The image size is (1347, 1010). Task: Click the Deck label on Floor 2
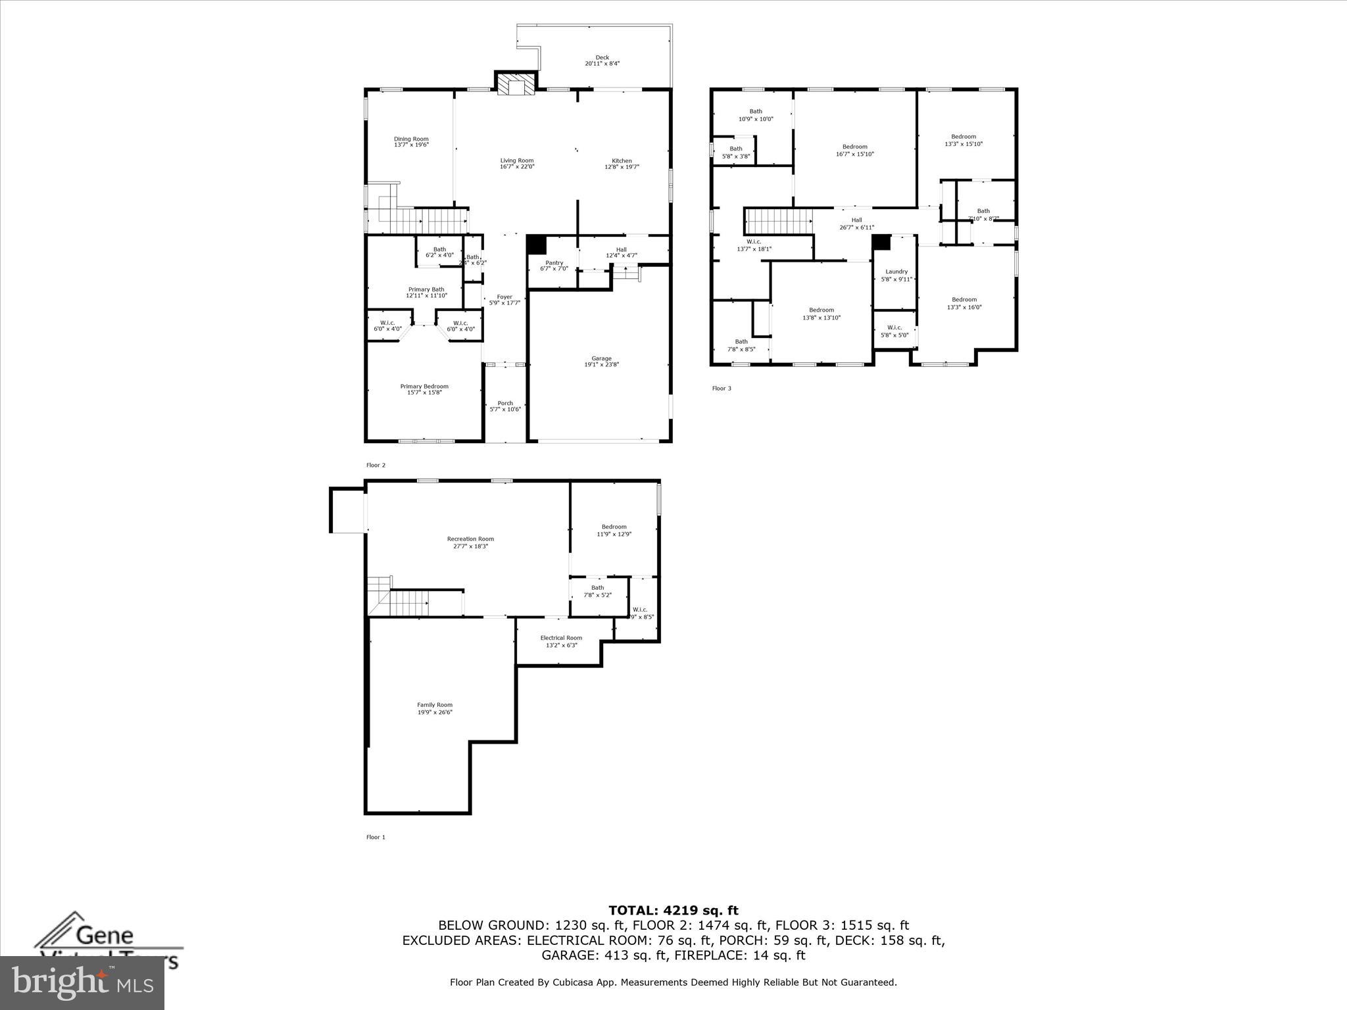[602, 60]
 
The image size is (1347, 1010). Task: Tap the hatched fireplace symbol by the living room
[515, 85]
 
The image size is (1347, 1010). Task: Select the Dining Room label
[411, 141]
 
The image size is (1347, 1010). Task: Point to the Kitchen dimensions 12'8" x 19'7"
[622, 167]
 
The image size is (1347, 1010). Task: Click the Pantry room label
[554, 265]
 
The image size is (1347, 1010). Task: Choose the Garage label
[601, 361]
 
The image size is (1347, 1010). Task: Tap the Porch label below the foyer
[505, 406]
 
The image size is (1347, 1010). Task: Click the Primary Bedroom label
[424, 389]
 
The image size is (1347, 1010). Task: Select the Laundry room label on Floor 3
[896, 275]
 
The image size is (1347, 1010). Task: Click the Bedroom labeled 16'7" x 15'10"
[854, 150]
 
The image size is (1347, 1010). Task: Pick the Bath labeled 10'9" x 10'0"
[756, 115]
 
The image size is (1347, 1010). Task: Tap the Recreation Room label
[470, 542]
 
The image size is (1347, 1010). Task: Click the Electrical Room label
[561, 641]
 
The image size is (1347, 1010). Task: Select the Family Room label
[435, 708]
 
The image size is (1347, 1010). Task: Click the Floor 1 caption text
[376, 837]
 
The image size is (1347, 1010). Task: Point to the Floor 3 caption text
[722, 388]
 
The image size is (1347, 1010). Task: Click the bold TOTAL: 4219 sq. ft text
[673, 910]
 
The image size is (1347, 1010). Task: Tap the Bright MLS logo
[82, 982]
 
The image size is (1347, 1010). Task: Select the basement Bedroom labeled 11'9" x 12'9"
[614, 530]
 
